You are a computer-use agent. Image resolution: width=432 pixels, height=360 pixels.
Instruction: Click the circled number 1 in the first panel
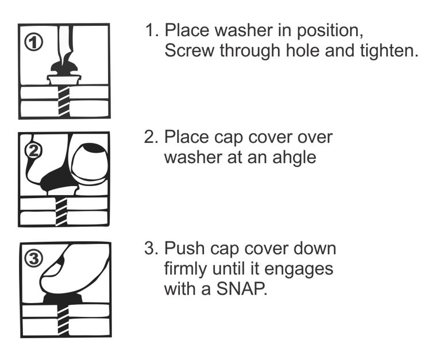coord(34,42)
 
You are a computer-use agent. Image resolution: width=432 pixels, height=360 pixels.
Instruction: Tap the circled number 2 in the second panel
coord(33,150)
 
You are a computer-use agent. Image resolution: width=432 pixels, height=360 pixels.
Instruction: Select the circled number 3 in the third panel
coord(34,258)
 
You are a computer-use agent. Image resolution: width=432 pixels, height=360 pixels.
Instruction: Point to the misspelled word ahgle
coord(294,157)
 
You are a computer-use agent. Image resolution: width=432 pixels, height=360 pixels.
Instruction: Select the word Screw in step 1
coord(189,51)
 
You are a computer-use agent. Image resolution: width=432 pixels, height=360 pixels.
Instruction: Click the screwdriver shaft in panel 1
coord(65,42)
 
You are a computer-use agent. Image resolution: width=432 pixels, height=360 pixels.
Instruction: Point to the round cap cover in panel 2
coord(88,162)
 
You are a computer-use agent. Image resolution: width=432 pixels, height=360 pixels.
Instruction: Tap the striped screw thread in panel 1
coord(64,100)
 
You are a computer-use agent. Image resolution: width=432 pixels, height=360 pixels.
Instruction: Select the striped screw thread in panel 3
coord(63,320)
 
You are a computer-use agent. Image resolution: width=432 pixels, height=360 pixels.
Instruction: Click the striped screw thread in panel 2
coord(61,211)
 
